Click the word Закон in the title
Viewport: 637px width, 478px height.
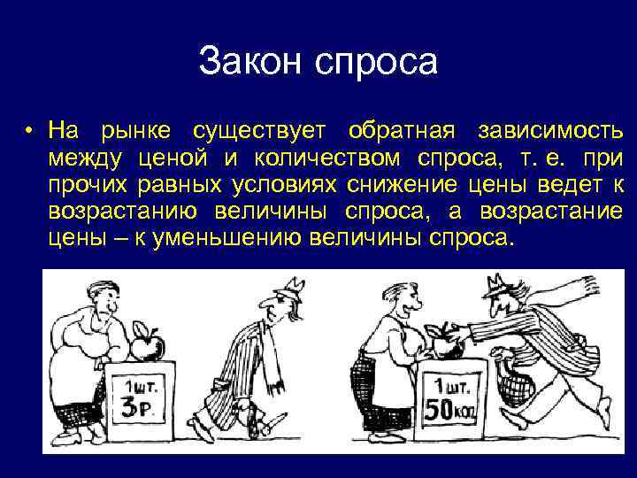click(x=257, y=62)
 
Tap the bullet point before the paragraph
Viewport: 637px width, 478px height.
click(x=29, y=134)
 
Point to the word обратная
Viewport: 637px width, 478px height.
click(x=403, y=133)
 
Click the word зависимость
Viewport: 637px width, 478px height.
click(x=549, y=133)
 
